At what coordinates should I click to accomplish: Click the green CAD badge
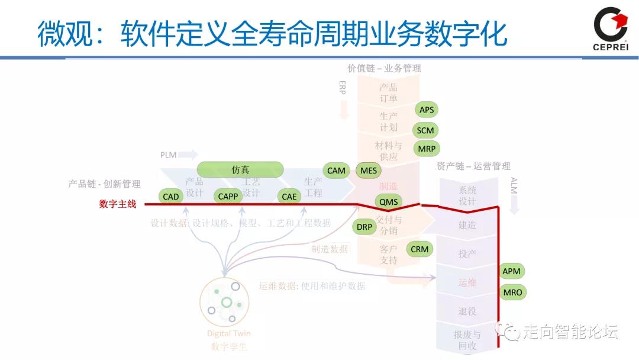tap(170, 197)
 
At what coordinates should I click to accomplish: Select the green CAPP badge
tap(228, 197)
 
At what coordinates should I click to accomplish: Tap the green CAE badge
tap(289, 197)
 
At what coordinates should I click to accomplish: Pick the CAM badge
tap(336, 171)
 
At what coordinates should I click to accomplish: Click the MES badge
tap(369, 171)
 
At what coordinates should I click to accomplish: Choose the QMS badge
tap(389, 202)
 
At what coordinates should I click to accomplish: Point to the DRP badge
tap(364, 227)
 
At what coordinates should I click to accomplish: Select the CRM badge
tap(419, 249)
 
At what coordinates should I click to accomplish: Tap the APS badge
tap(427, 110)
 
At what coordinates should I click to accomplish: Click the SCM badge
tap(425, 130)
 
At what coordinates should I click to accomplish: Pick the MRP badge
tap(427, 149)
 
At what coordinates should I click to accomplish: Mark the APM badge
tap(511, 271)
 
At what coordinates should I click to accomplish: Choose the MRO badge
tap(512, 292)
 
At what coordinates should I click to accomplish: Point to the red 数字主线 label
tap(118, 204)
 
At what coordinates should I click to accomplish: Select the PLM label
tap(169, 155)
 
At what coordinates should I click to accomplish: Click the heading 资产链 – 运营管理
tap(473, 166)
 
